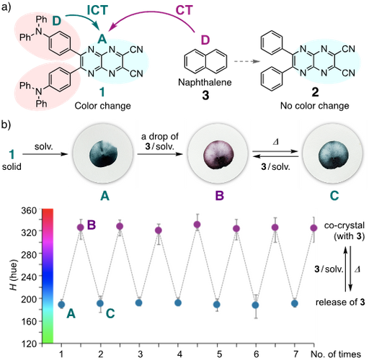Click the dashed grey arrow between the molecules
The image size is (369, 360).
[x=246, y=62]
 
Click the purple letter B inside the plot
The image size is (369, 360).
[x=91, y=225]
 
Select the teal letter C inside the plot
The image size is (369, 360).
[x=110, y=313]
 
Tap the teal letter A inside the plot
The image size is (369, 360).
[x=71, y=313]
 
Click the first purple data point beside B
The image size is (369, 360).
[x=81, y=228]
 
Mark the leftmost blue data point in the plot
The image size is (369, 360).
[x=61, y=304]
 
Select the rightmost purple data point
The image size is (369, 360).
[x=314, y=228]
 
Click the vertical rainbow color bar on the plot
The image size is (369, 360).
[x=48, y=274]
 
